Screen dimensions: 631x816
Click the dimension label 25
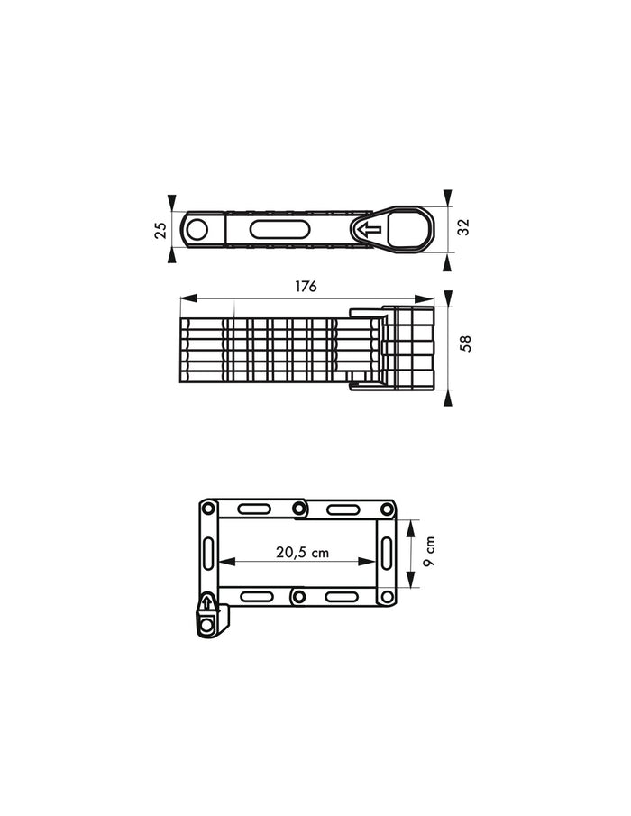click(x=161, y=230)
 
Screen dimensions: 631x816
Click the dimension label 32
click(x=463, y=227)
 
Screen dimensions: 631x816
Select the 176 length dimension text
click(x=306, y=286)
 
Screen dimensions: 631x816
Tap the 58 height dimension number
click(x=466, y=344)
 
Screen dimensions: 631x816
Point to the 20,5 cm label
click(x=302, y=552)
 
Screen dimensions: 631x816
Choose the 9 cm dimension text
click(x=429, y=552)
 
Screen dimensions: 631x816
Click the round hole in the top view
click(x=197, y=230)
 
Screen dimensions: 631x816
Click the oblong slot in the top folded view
click(x=280, y=230)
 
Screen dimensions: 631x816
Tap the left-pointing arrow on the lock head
click(x=370, y=229)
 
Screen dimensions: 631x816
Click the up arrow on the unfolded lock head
click(x=207, y=603)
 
